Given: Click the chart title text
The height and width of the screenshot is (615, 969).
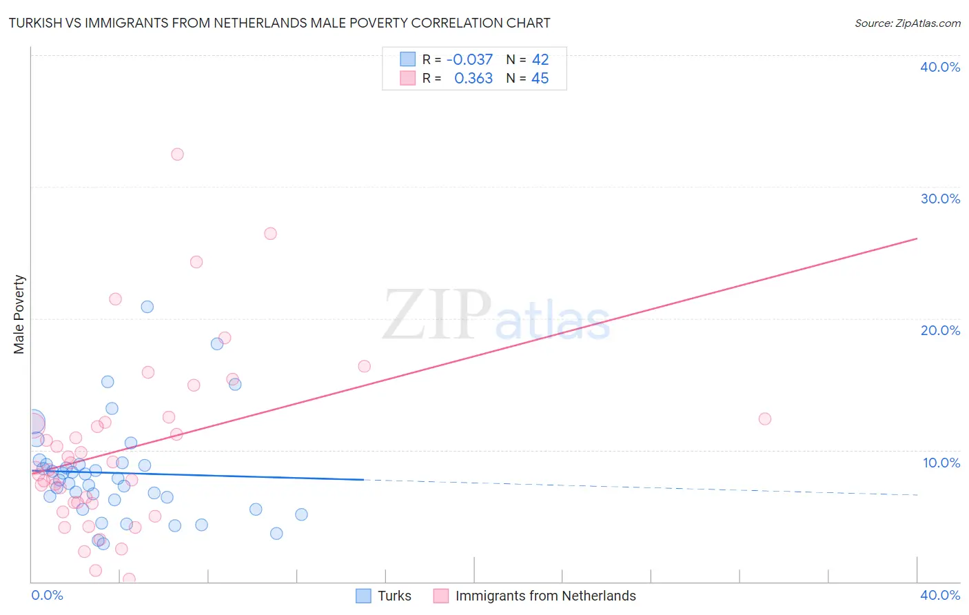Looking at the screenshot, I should (x=279, y=23).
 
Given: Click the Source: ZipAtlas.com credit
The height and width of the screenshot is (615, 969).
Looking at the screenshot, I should (x=907, y=23).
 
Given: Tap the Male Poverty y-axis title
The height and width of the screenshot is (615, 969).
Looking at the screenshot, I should (x=19, y=314).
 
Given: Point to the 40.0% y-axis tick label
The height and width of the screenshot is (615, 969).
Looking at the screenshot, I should (x=940, y=67).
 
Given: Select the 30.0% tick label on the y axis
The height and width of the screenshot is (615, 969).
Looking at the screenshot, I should (x=940, y=199).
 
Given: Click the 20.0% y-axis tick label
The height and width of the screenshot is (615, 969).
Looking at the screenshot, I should (x=940, y=330).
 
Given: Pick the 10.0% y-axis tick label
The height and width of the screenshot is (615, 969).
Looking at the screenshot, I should (x=941, y=463).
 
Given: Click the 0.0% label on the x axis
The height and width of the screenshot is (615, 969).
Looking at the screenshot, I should (x=47, y=595).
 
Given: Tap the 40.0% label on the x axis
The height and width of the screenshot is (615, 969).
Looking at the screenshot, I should (x=940, y=595).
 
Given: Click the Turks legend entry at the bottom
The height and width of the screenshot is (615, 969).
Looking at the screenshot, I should (x=394, y=596).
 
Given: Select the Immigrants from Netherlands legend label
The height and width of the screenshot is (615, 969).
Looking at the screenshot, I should (x=545, y=596).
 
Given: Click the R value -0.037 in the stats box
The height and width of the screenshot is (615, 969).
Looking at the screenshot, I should (x=469, y=60).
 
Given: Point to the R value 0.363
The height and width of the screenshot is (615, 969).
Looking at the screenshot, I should (x=473, y=79).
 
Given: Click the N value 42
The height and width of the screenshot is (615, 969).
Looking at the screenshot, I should (x=540, y=60).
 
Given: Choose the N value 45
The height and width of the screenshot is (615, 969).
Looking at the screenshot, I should (x=540, y=79).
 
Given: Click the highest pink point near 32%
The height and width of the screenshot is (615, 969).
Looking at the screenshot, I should (x=177, y=154).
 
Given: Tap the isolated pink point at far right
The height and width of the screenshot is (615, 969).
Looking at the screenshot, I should (x=764, y=419).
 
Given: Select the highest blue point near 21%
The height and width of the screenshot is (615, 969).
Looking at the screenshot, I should (x=147, y=307).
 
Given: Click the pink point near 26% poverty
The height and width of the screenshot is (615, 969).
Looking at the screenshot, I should (x=270, y=234).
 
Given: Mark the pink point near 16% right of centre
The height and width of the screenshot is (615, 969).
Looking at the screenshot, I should (x=364, y=366).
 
